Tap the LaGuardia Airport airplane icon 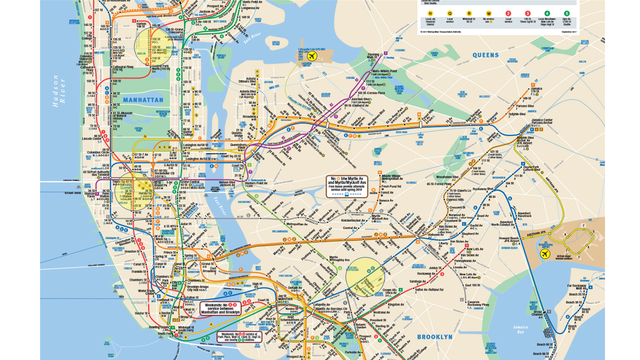pos(314,56)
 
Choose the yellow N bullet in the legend pos(430,14)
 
